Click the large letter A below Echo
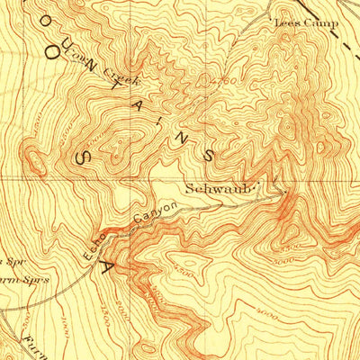tap(111, 267)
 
